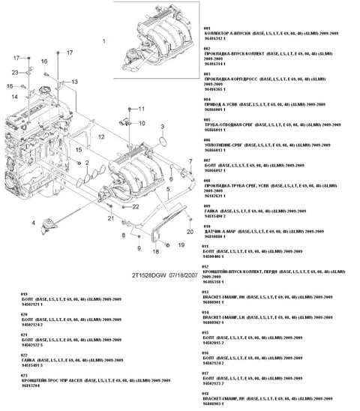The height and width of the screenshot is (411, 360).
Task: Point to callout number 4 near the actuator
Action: coord(33,223)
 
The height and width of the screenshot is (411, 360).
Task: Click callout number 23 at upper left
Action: coord(14,71)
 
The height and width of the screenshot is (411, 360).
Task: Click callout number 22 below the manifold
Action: coord(136,205)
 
